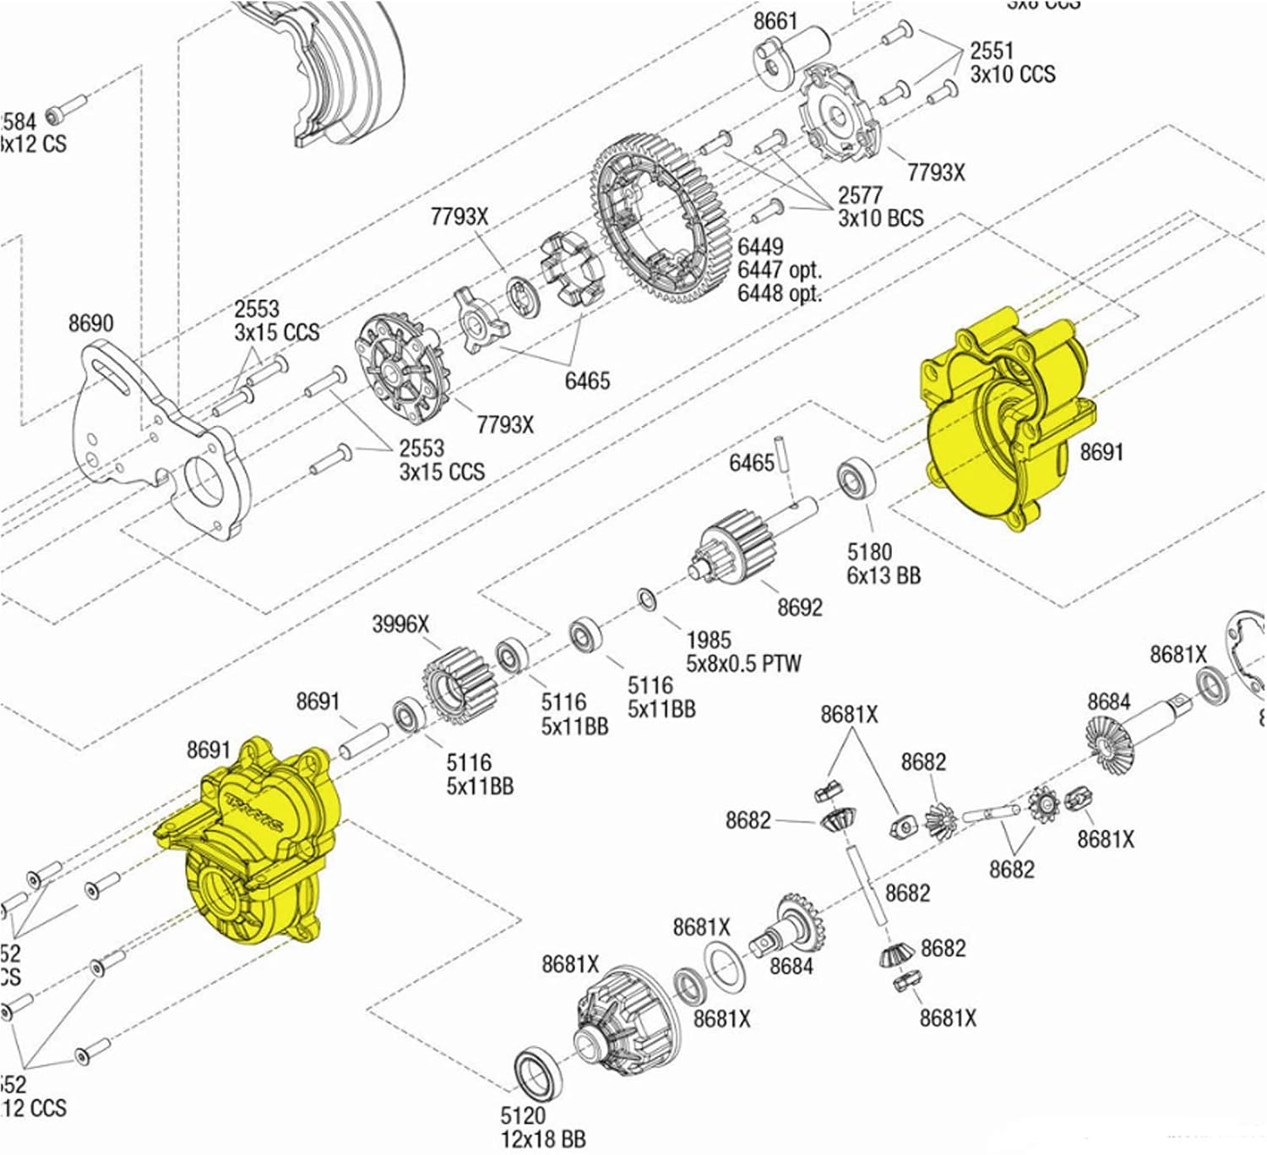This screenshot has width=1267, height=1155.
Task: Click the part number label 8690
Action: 90,323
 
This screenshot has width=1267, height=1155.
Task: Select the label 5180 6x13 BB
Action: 883,564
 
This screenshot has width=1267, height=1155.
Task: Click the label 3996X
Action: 400,624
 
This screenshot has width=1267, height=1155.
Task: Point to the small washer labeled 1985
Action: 647,599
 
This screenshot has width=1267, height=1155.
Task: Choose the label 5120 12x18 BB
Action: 542,1127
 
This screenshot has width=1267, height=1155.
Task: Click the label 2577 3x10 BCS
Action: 880,207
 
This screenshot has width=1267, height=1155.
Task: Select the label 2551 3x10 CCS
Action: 1012,63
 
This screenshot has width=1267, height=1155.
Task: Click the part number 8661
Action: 775,20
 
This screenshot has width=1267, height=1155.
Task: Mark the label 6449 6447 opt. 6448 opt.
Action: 779,270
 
